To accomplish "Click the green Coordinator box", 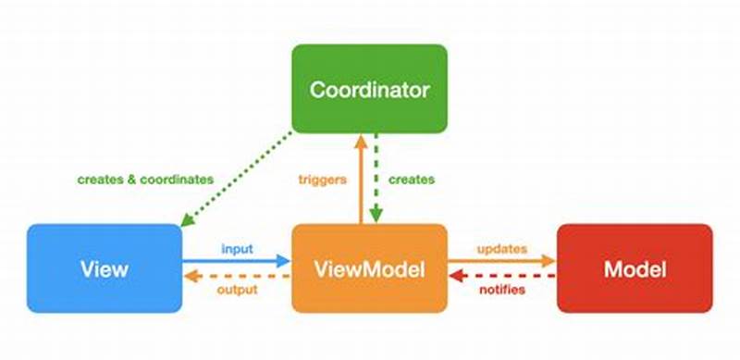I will tap(369, 90).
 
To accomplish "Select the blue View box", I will tap(104, 269).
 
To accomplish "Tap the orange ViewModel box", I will tap(369, 269).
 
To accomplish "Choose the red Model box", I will tap(634, 269).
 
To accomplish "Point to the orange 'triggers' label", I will tap(323, 180).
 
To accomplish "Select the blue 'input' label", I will tap(237, 249).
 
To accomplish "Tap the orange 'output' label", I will tap(237, 291).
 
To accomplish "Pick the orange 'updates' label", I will tap(502, 249).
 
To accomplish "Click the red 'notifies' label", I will tap(502, 291).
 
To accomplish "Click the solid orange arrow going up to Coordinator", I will tap(361, 180).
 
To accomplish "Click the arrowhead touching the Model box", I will tap(549, 262).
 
